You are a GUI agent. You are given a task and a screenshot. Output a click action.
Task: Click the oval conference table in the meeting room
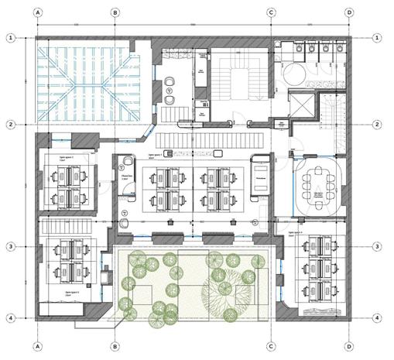click(x=317, y=186)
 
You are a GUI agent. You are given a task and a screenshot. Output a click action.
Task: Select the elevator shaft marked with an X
click(x=300, y=105)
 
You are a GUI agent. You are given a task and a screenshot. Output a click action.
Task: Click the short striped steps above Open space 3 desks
click(x=58, y=228)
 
